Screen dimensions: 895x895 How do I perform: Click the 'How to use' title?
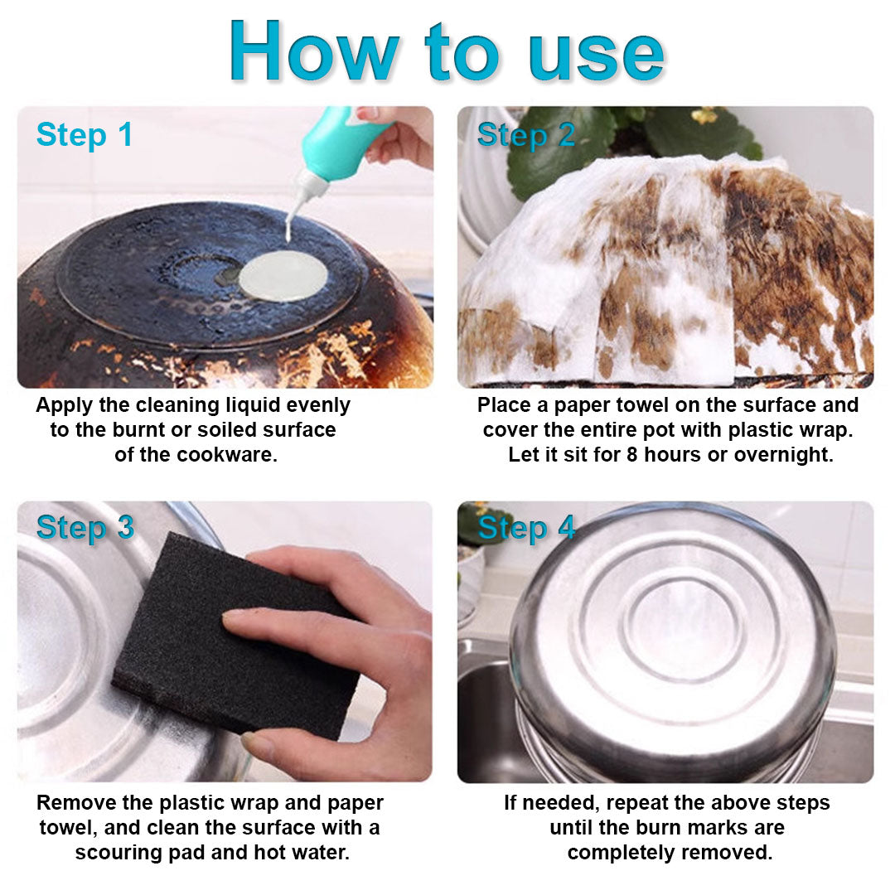[x=447, y=51]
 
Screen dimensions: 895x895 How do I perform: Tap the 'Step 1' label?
[x=85, y=134]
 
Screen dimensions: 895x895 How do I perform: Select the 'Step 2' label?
[x=525, y=134]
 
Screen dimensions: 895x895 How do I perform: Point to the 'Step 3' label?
[x=85, y=527]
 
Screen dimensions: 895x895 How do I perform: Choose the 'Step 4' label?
[x=525, y=527]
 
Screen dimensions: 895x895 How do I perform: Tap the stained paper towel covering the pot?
[x=663, y=273]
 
